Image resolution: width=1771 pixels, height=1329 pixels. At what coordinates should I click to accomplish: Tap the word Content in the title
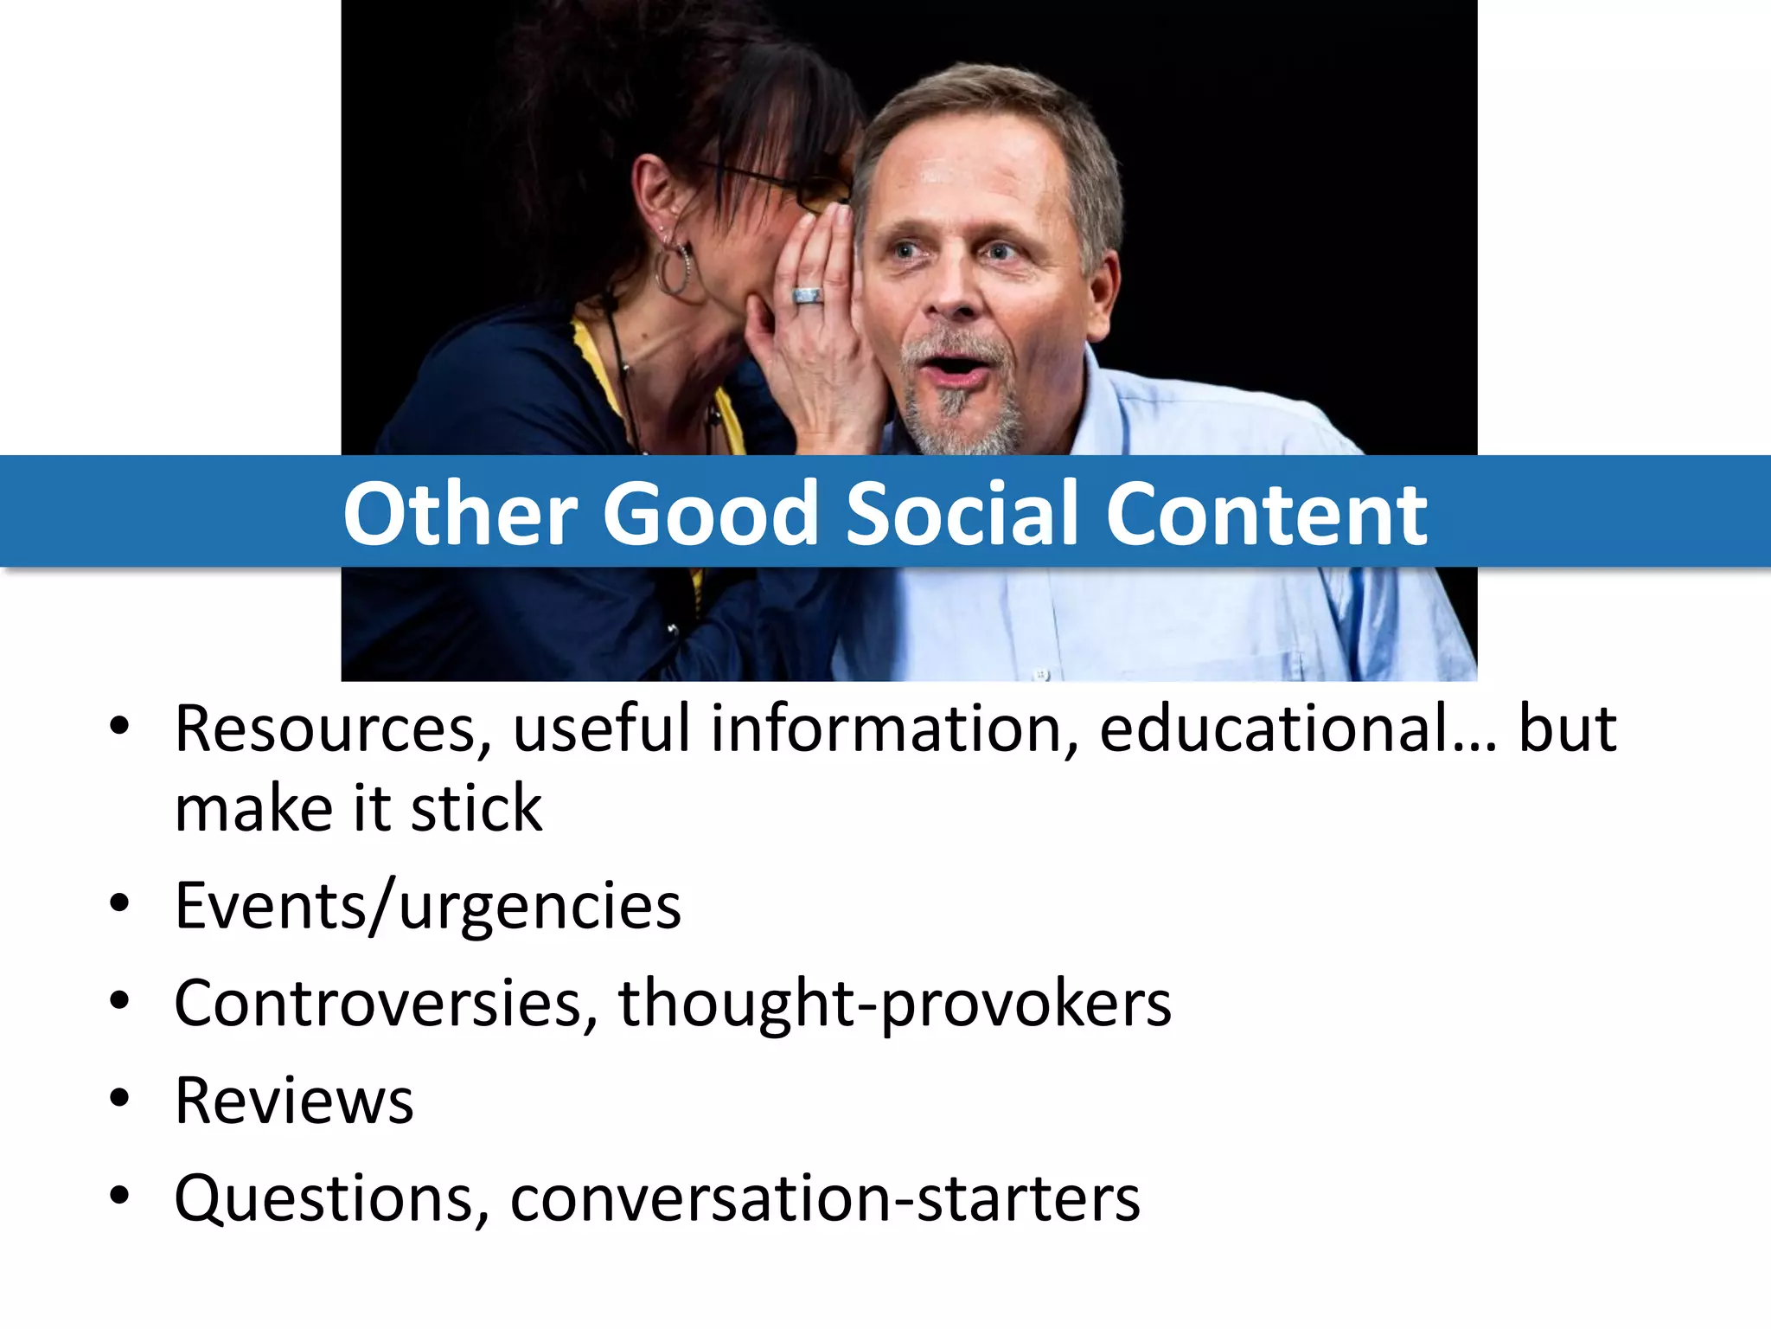1266,514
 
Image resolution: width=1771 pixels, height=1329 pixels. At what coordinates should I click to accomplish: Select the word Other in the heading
460,514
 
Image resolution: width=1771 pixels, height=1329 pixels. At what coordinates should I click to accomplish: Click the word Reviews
294,1101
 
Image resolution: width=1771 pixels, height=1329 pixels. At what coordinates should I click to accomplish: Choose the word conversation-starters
825,1199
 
